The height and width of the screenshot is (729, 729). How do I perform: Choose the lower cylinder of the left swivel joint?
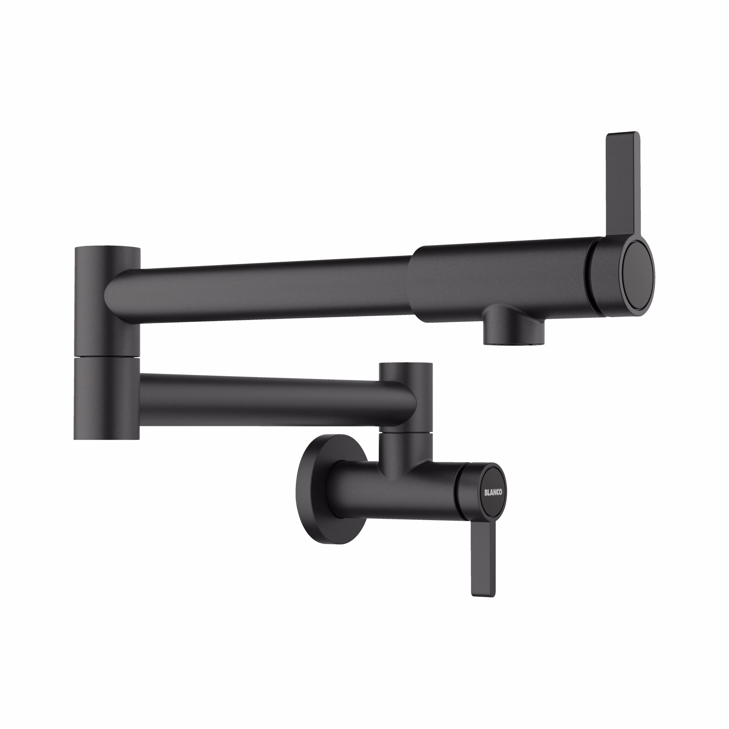point(107,400)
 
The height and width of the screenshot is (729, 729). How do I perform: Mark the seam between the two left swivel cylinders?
point(107,357)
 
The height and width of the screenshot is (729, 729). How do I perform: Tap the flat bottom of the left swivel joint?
point(107,438)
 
